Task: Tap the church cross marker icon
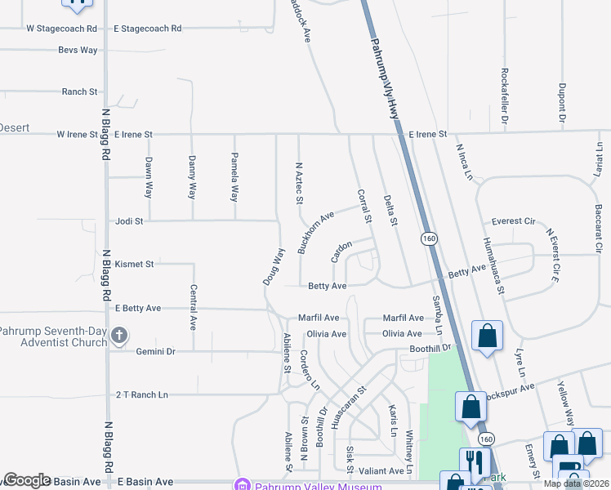click(119, 335)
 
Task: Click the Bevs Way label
click(78, 50)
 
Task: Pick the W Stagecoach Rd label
click(62, 28)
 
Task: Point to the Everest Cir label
click(513, 221)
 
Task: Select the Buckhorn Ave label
click(316, 232)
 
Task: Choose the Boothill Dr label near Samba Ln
click(430, 348)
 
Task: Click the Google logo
click(27, 480)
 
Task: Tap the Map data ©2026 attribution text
click(577, 483)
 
